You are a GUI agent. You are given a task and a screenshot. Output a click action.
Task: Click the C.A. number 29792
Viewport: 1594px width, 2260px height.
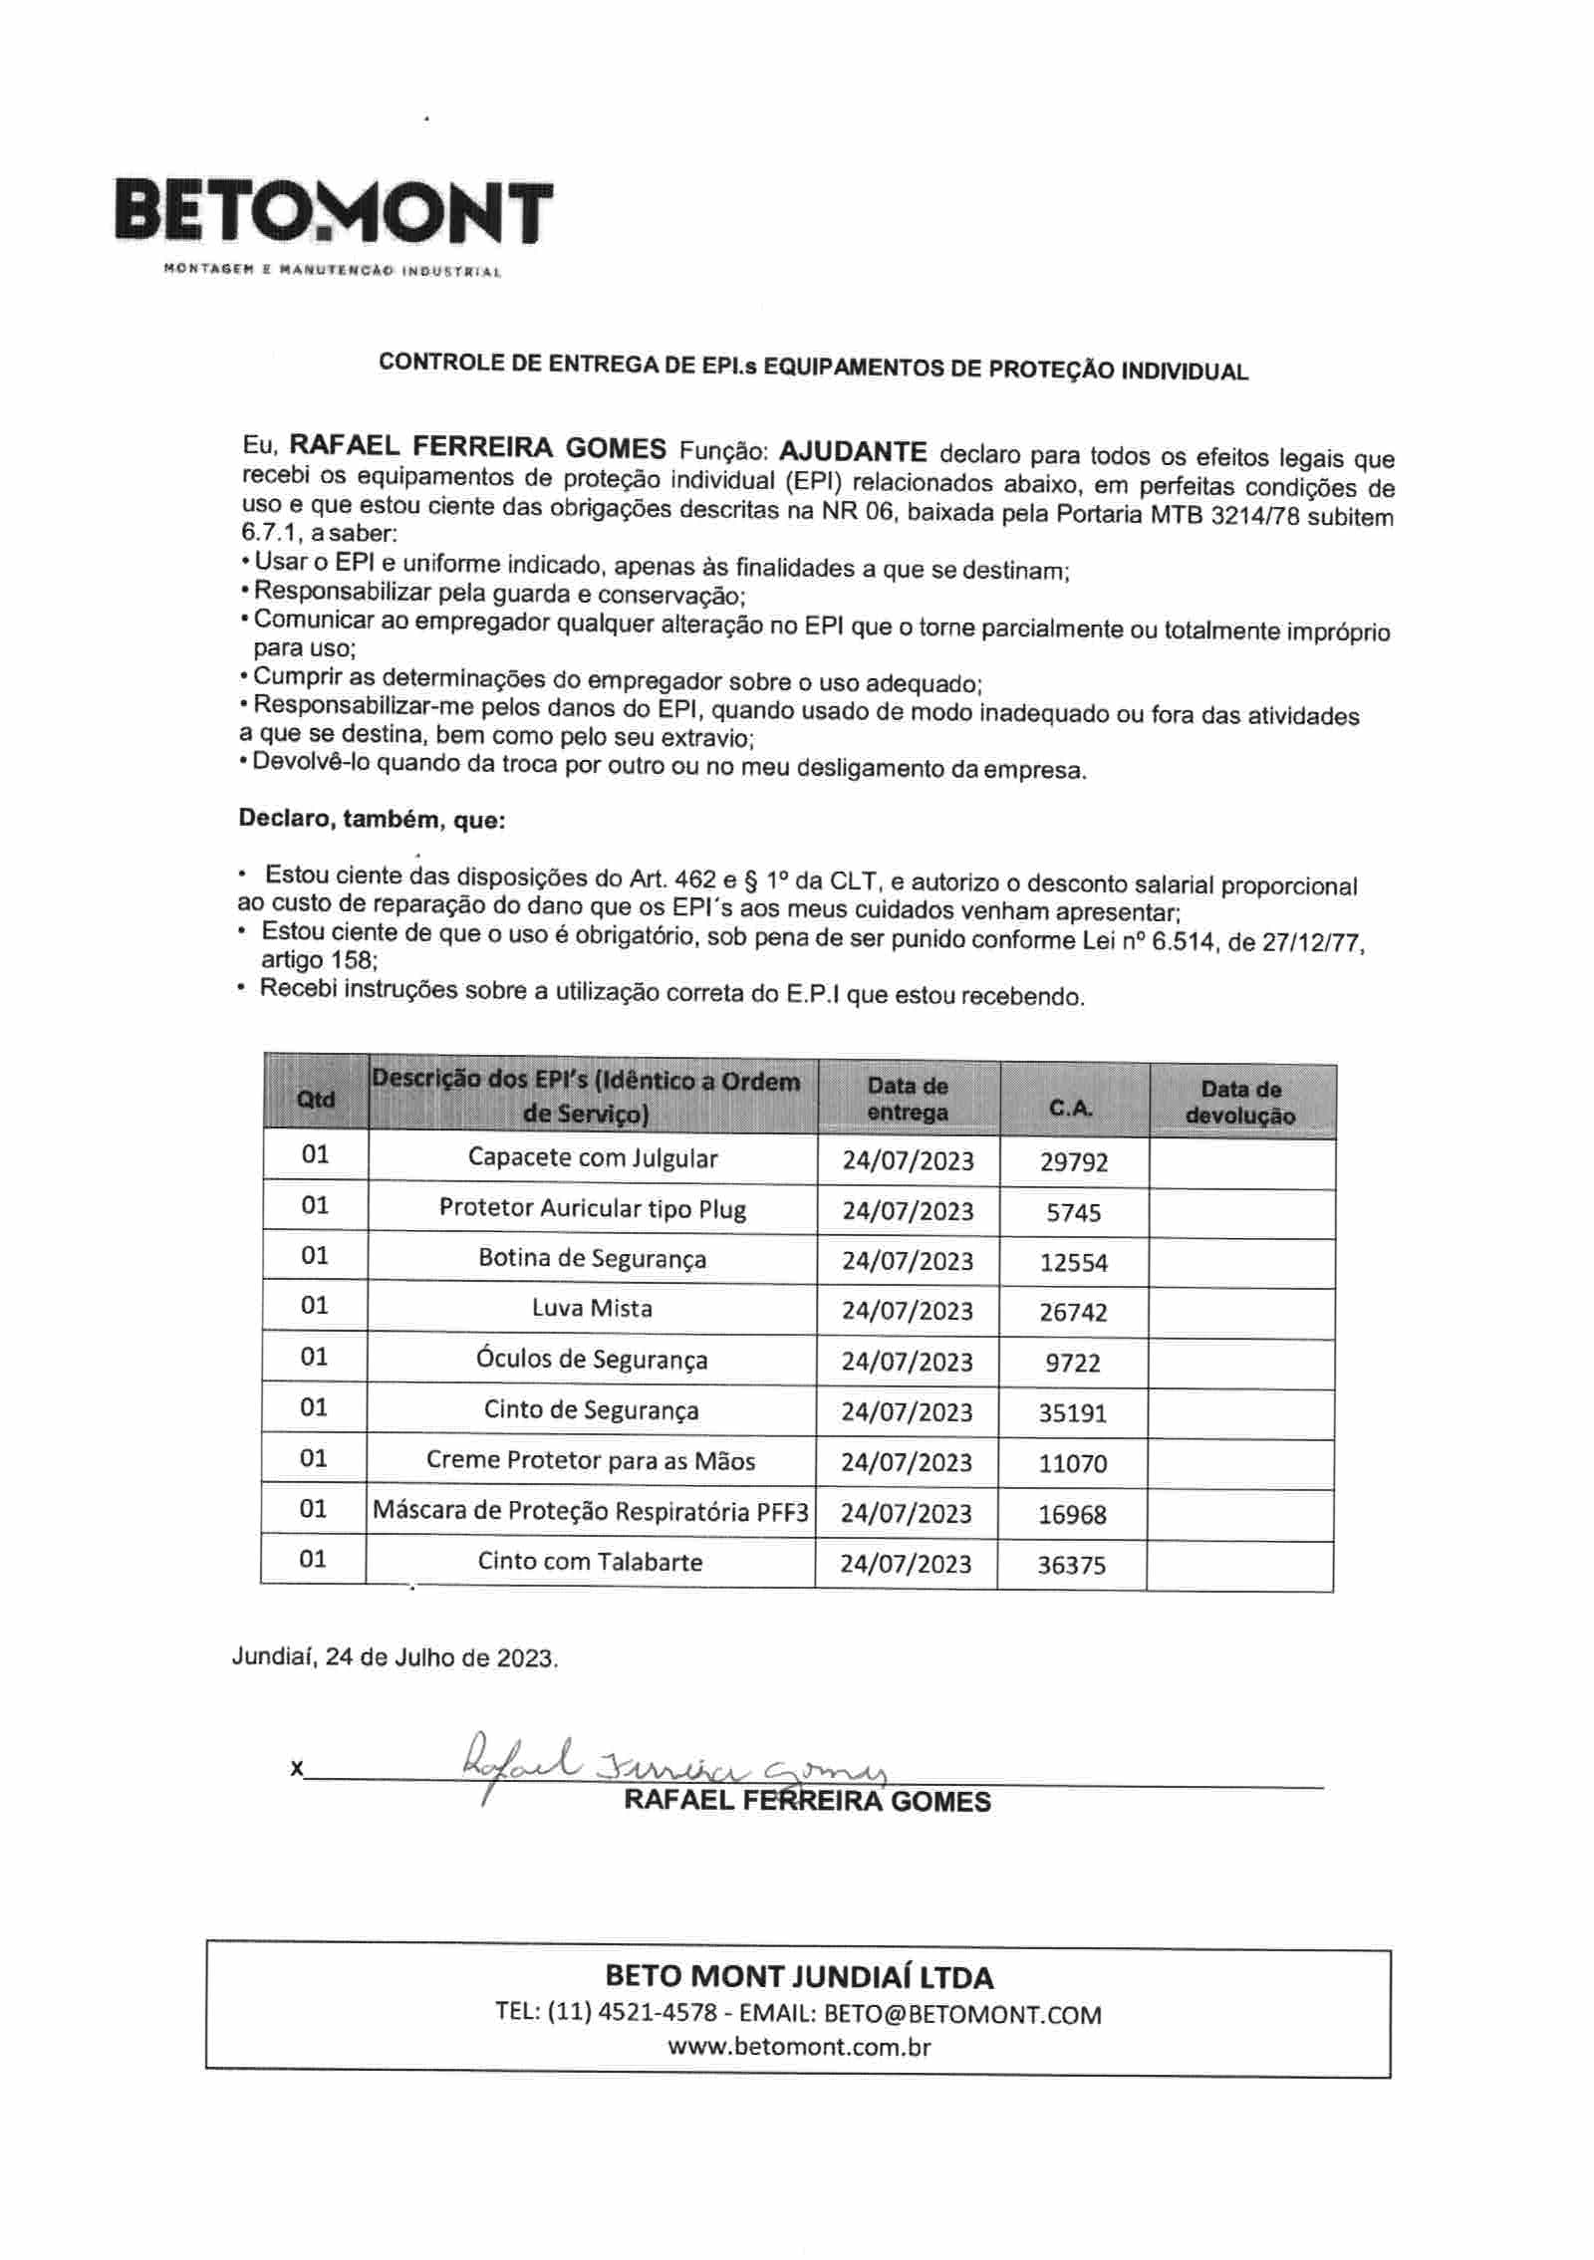[1073, 1161]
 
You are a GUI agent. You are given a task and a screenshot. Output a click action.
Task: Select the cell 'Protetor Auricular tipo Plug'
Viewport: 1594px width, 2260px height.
[592, 1208]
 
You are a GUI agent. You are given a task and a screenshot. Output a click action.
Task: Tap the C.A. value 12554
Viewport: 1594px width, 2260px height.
[1073, 1262]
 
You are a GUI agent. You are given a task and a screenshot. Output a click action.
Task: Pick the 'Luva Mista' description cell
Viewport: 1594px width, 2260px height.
[592, 1308]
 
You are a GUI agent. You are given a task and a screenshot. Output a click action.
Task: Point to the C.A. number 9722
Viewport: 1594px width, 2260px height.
[1073, 1362]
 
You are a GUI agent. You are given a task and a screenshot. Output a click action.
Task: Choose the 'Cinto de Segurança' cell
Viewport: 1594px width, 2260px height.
[592, 1409]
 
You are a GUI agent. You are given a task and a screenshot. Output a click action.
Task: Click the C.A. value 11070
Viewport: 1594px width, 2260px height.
[1073, 1463]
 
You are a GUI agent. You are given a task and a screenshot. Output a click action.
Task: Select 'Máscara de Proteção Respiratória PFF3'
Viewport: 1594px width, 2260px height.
[591, 1511]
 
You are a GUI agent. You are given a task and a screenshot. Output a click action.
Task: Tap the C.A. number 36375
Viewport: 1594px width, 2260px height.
[1072, 1565]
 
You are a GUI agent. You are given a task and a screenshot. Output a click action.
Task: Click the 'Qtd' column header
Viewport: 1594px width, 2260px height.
[315, 1099]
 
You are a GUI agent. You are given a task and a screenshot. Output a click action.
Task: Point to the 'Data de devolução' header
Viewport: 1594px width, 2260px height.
[1240, 1102]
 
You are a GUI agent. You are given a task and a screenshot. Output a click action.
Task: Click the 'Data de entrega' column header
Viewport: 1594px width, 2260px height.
[907, 1099]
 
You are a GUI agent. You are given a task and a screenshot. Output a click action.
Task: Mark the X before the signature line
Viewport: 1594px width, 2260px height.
[297, 1769]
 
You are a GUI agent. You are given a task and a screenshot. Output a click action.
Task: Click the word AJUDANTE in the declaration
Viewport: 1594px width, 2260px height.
[853, 451]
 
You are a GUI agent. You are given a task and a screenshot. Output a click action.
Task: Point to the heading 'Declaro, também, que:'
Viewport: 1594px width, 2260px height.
[372, 820]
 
